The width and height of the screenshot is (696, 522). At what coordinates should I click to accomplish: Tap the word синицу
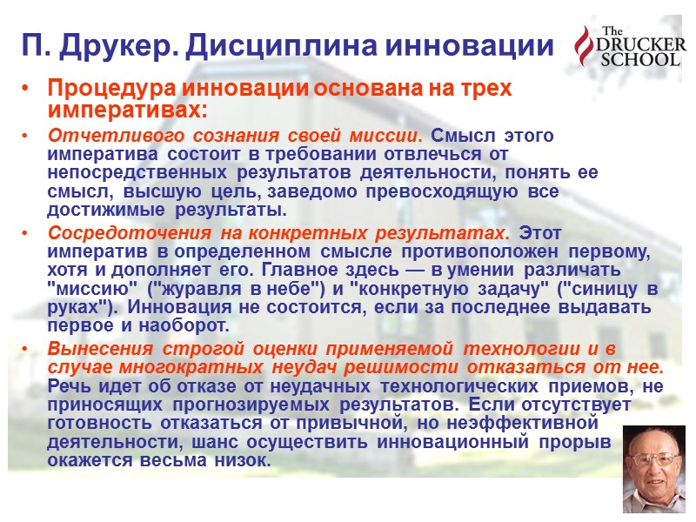[596, 290]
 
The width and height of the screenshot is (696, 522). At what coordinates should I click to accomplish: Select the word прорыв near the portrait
[584, 443]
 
